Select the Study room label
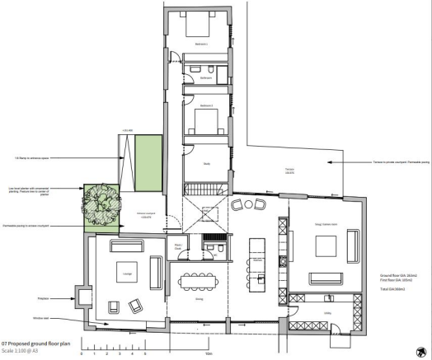tap(206, 163)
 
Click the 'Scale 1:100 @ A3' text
tap(26, 350)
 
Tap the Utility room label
tap(326, 313)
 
